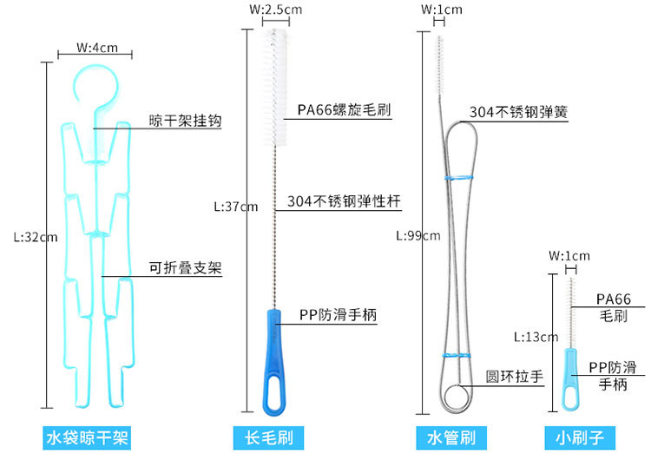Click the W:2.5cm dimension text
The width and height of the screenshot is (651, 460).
point(275,10)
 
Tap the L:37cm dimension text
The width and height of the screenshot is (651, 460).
point(235,207)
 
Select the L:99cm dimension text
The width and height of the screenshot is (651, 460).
point(418,235)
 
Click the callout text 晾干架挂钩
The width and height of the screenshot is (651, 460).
point(185,122)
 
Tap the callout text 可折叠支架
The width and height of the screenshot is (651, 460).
point(185,269)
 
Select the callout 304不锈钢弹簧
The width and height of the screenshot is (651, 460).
point(518,112)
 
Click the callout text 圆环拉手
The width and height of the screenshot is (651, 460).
point(515,377)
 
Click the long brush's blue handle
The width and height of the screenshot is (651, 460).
point(275,360)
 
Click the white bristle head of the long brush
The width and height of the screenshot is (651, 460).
point(275,87)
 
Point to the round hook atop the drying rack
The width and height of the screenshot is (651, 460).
point(95,87)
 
